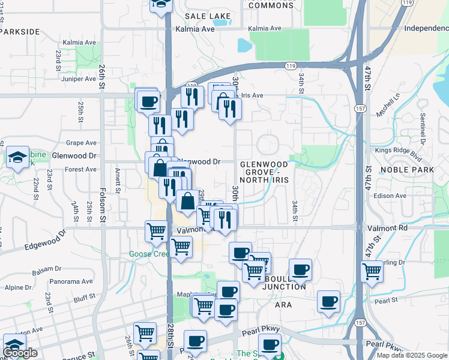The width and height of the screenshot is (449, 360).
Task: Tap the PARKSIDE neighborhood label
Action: click(21, 31)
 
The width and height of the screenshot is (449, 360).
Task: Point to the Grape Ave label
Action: click(82, 143)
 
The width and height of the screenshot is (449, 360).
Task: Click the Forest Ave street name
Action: click(81, 169)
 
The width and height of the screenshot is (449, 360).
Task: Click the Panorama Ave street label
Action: click(71, 281)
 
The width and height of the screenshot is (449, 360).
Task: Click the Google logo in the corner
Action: click(20, 353)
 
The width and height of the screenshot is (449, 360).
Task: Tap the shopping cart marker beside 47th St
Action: click(372, 271)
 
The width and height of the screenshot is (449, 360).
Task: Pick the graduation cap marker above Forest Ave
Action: click(17, 158)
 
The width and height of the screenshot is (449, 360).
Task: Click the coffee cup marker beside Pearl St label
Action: click(328, 301)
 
